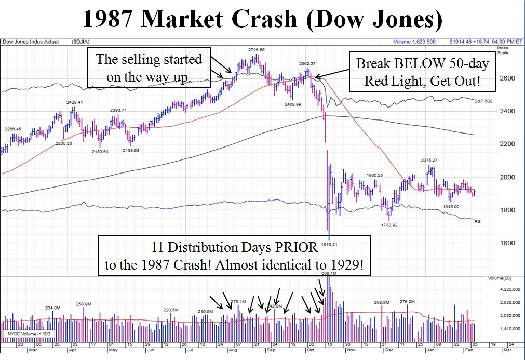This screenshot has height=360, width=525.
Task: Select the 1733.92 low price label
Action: (x=389, y=225)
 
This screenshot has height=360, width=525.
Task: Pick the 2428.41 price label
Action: (x=73, y=102)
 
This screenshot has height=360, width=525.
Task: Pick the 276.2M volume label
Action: (x=407, y=301)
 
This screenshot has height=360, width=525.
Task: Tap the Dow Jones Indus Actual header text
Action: (x=31, y=42)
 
